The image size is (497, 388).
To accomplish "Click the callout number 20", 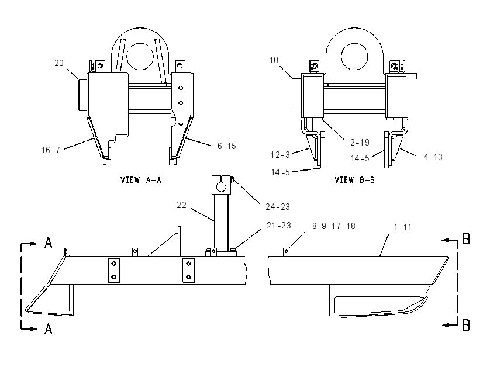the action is coord(59,63).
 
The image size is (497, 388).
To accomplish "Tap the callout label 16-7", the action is coord(51,150).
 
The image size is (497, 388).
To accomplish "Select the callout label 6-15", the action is coord(227,145).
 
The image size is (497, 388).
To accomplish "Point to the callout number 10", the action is coord(274,60).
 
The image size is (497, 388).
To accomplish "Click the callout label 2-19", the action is coord(360,143).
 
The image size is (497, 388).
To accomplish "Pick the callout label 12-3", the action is coord(280,155).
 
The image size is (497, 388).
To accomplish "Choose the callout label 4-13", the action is coord(433,157).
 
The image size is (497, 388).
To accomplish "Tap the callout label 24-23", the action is coord(278,207).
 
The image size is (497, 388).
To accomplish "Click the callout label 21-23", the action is coord(279,226).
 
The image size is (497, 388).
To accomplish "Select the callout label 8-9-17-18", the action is coord(334,226).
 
